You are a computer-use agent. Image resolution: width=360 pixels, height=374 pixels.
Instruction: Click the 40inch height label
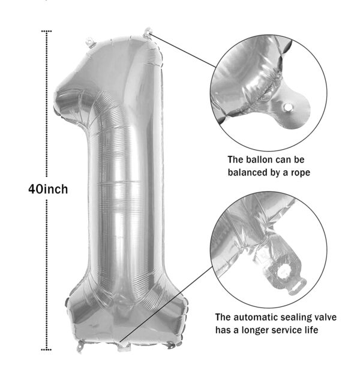(48, 189)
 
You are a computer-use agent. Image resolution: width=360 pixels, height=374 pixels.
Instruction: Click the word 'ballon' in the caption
(260, 159)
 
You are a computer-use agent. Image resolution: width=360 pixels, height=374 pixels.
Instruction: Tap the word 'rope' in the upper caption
(301, 173)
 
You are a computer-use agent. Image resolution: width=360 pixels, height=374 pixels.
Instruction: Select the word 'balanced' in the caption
(248, 172)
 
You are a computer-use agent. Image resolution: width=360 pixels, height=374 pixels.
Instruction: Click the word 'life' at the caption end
(311, 330)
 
